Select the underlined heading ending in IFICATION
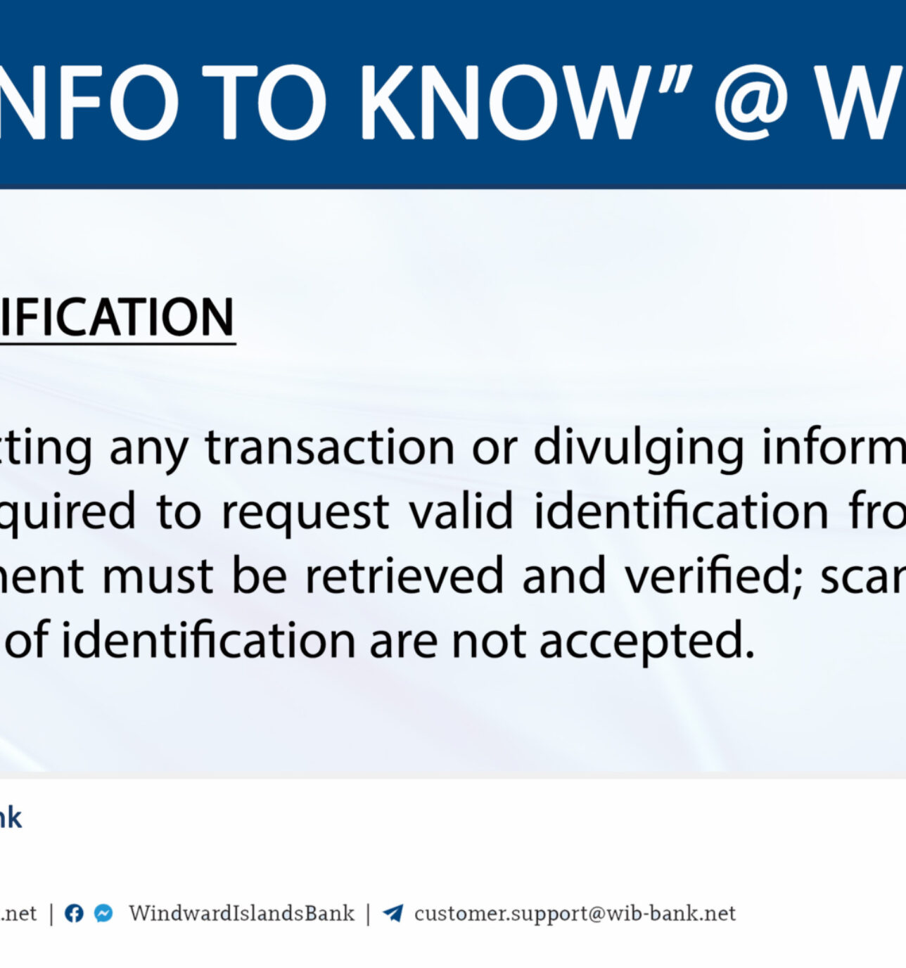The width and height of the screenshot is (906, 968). [x=117, y=318]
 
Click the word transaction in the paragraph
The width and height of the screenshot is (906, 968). [x=330, y=447]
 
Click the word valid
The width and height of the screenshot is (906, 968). [x=461, y=511]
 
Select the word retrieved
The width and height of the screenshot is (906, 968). [x=404, y=575]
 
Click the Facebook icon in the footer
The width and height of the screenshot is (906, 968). [x=74, y=913]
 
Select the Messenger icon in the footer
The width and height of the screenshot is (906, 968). [x=103, y=913]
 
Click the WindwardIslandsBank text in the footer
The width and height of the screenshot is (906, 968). [x=241, y=913]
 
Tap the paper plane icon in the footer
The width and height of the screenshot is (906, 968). [x=393, y=913]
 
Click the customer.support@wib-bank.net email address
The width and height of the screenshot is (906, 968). [x=575, y=913]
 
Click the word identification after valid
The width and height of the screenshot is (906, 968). [x=681, y=511]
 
